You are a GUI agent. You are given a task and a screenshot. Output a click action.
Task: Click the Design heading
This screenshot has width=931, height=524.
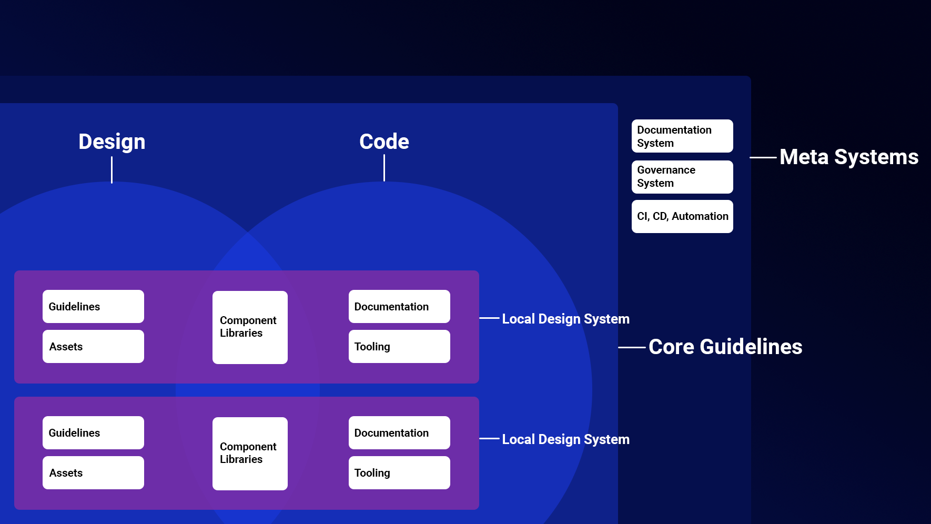(x=112, y=142)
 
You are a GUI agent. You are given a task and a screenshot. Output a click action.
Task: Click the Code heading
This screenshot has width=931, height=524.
(x=384, y=142)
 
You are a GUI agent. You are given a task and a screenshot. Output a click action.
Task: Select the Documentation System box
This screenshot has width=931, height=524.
(x=682, y=136)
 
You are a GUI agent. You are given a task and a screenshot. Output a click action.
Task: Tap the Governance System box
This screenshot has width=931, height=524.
(x=682, y=177)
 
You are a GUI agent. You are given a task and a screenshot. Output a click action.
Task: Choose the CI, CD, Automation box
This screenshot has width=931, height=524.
(x=682, y=216)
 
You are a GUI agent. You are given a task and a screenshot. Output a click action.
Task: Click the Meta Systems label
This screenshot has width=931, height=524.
(x=848, y=157)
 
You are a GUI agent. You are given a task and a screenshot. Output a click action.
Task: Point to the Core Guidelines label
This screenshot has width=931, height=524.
(x=725, y=347)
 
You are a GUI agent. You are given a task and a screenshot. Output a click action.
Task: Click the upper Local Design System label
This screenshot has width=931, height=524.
(x=565, y=319)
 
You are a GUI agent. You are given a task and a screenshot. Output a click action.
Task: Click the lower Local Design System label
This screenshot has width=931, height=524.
(x=565, y=439)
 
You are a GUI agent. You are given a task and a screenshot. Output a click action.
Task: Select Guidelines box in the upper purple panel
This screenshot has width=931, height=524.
(x=93, y=306)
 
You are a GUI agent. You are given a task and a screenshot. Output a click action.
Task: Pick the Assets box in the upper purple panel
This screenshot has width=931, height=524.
(x=93, y=346)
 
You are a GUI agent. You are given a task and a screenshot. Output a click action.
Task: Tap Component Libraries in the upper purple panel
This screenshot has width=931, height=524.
(x=250, y=327)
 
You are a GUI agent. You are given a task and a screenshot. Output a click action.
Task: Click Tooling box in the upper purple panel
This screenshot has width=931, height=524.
(x=399, y=346)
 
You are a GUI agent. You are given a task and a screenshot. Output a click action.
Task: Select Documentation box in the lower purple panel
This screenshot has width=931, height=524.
(x=399, y=432)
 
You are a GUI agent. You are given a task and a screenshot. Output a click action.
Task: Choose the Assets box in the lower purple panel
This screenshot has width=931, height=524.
(x=93, y=472)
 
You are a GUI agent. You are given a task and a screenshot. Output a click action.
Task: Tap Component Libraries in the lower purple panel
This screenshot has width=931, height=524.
(x=250, y=453)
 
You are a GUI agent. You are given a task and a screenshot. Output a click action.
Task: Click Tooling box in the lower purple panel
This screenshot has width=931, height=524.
(x=399, y=472)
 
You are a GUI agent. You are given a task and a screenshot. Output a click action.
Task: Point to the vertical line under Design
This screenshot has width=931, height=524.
(x=112, y=170)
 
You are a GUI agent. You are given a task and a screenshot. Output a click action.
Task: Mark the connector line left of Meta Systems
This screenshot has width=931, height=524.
(x=763, y=157)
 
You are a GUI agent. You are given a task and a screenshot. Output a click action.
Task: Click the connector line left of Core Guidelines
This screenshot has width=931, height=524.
(x=632, y=347)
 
